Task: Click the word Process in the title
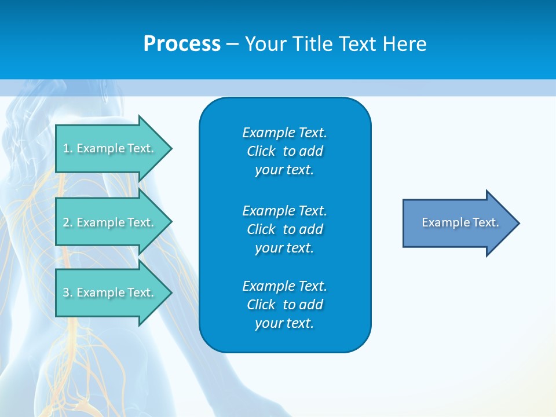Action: click(182, 44)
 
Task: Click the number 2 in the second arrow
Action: click(66, 222)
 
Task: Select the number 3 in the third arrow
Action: click(66, 292)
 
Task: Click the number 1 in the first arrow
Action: click(66, 148)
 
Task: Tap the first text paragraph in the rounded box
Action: click(284, 151)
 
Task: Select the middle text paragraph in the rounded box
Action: click(284, 229)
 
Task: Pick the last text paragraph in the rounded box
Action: click(284, 305)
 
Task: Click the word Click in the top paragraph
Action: click(261, 151)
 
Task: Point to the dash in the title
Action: click(232, 44)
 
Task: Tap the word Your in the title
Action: click(266, 44)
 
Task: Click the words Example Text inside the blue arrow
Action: click(460, 222)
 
